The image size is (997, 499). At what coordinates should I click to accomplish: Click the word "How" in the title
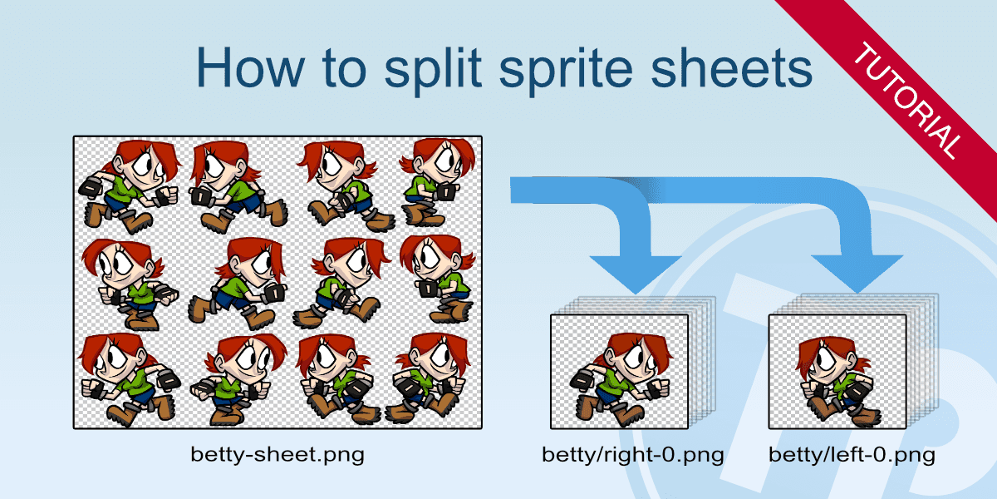251,67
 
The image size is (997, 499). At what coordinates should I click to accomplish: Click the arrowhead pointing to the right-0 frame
636,274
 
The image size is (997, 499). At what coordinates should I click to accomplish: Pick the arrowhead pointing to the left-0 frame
857,274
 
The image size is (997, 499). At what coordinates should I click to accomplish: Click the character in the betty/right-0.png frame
621,378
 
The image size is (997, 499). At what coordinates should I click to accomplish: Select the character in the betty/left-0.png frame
837,382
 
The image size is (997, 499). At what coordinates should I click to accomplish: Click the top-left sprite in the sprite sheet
130,187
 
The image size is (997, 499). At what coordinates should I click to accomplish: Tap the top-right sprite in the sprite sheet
438,183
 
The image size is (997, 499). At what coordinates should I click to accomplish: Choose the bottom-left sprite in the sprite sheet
129,379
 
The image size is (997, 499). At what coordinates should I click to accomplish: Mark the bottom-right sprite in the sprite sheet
429,378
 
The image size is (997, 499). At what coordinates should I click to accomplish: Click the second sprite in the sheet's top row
238,187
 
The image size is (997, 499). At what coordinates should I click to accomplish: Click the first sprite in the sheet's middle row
130,285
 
